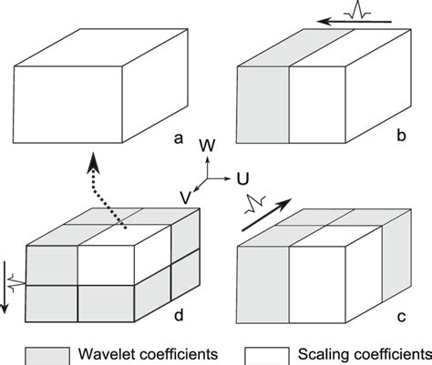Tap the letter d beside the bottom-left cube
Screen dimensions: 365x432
(180, 316)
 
